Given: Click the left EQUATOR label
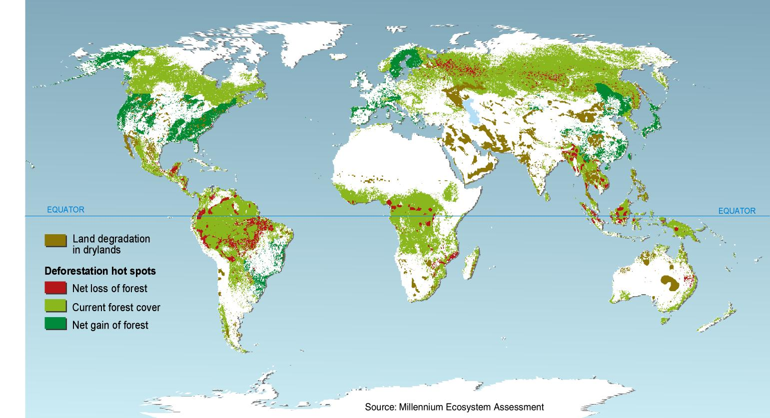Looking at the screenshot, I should click(x=65, y=210).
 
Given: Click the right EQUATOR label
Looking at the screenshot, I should click(x=737, y=211).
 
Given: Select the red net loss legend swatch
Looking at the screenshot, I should click(x=55, y=288).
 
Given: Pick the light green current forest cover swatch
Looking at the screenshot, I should click(x=55, y=307).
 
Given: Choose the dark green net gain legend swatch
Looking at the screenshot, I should click(x=55, y=325).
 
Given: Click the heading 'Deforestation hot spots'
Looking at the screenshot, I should click(x=100, y=271).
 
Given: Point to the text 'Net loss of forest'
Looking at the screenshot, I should click(x=109, y=288).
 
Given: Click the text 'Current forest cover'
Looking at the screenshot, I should click(x=116, y=307).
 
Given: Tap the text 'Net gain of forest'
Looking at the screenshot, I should click(x=110, y=325).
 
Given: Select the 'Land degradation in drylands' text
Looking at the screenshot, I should click(x=111, y=244).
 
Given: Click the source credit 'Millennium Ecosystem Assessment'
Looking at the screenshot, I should click(x=454, y=407).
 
